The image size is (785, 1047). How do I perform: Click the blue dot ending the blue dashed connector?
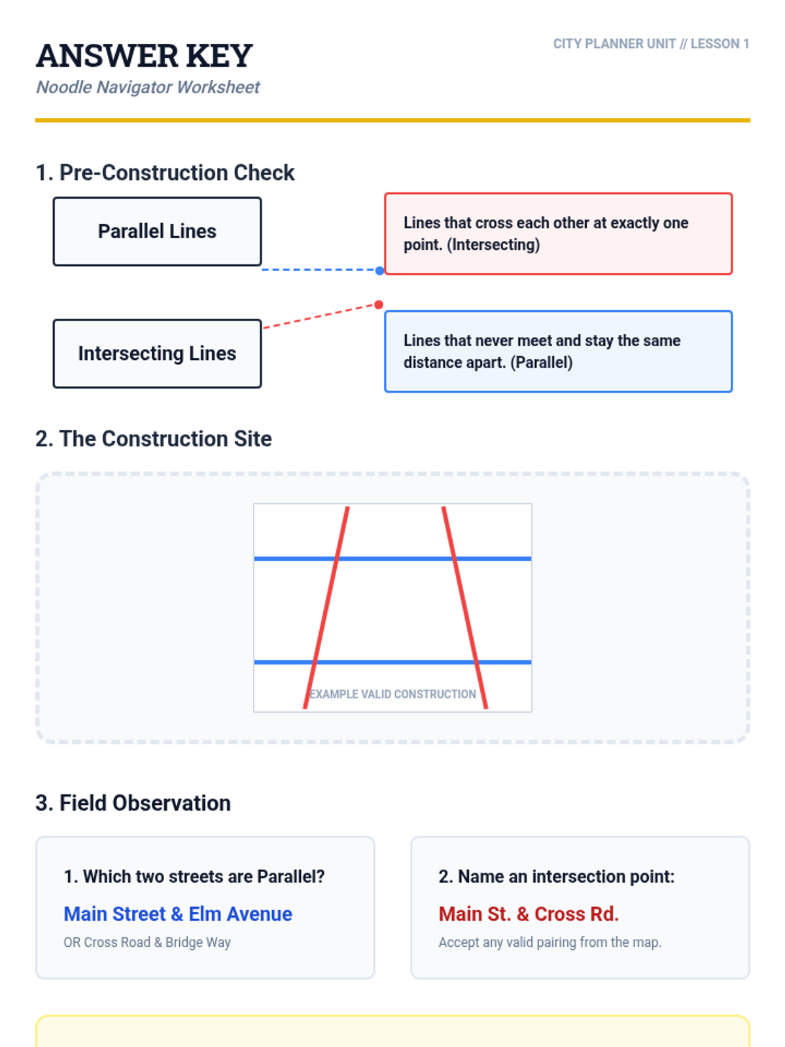(x=379, y=270)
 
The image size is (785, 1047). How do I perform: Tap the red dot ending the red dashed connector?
(x=379, y=304)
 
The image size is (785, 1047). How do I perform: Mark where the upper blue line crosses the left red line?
(x=337, y=558)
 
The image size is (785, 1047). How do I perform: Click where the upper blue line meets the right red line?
(x=454, y=558)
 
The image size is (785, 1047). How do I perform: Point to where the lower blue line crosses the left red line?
(x=315, y=662)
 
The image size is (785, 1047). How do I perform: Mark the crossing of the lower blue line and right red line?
(x=476, y=662)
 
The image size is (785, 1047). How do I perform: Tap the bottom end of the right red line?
(x=486, y=708)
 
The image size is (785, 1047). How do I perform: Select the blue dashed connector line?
(x=321, y=270)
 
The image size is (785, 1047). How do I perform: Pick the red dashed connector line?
(x=321, y=316)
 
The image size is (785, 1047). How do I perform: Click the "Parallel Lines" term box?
(x=157, y=232)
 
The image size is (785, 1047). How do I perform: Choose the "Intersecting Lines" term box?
(x=157, y=353)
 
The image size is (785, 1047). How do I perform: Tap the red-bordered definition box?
(x=558, y=234)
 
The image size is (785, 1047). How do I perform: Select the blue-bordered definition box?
(x=558, y=351)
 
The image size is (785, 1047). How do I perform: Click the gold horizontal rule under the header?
(x=392, y=120)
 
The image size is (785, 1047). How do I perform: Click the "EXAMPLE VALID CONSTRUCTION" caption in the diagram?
(x=392, y=694)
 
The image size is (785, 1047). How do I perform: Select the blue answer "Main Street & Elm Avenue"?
(x=178, y=914)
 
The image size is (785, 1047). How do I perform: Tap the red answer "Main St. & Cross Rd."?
(x=529, y=914)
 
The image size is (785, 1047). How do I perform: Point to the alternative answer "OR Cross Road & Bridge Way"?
(x=147, y=942)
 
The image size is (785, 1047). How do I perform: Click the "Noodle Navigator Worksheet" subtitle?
(x=148, y=87)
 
